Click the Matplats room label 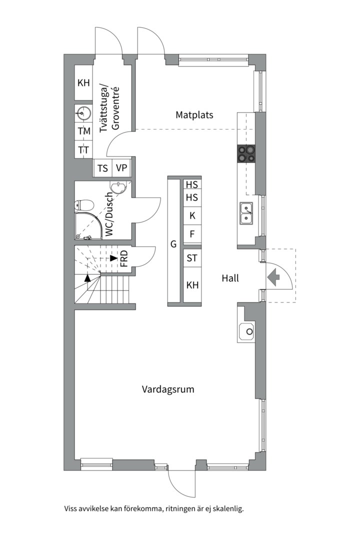[x=194, y=114]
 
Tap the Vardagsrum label [x=168, y=389]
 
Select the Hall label [x=230, y=278]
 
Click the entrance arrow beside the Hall [x=273, y=278]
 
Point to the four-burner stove [x=246, y=153]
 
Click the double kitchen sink [x=246, y=213]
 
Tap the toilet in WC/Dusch [x=84, y=205]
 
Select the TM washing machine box [x=84, y=131]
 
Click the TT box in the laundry [x=84, y=150]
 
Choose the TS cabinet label [x=102, y=168]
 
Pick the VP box [x=121, y=168]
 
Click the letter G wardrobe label [x=173, y=244]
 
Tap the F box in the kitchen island [x=192, y=234]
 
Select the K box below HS [x=192, y=215]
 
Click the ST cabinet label [x=192, y=258]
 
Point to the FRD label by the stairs [x=124, y=258]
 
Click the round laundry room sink [x=83, y=113]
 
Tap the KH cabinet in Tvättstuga [x=83, y=82]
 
